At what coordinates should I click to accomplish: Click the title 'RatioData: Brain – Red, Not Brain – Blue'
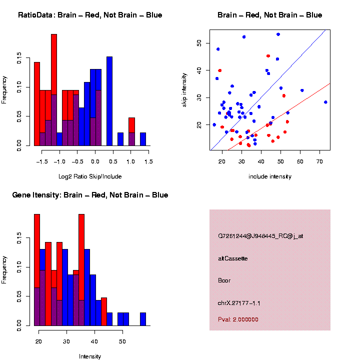[x=90, y=15]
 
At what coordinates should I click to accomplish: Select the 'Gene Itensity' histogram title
[x=90, y=195]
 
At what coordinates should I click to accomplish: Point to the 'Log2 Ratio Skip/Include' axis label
[x=90, y=176]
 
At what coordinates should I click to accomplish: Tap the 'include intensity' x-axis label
[x=270, y=176]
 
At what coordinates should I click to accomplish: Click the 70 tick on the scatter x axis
[x=319, y=161]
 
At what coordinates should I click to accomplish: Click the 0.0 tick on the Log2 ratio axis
[x=95, y=161]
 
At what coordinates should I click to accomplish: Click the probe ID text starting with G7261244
[x=260, y=236]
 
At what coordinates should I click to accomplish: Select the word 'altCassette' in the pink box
[x=233, y=258]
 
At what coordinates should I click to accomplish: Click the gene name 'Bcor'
[x=224, y=280]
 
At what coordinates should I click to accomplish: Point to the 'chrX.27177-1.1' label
[x=239, y=303]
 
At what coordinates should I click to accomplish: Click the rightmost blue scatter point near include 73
[x=325, y=102]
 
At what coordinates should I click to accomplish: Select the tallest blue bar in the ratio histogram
[x=109, y=100]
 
